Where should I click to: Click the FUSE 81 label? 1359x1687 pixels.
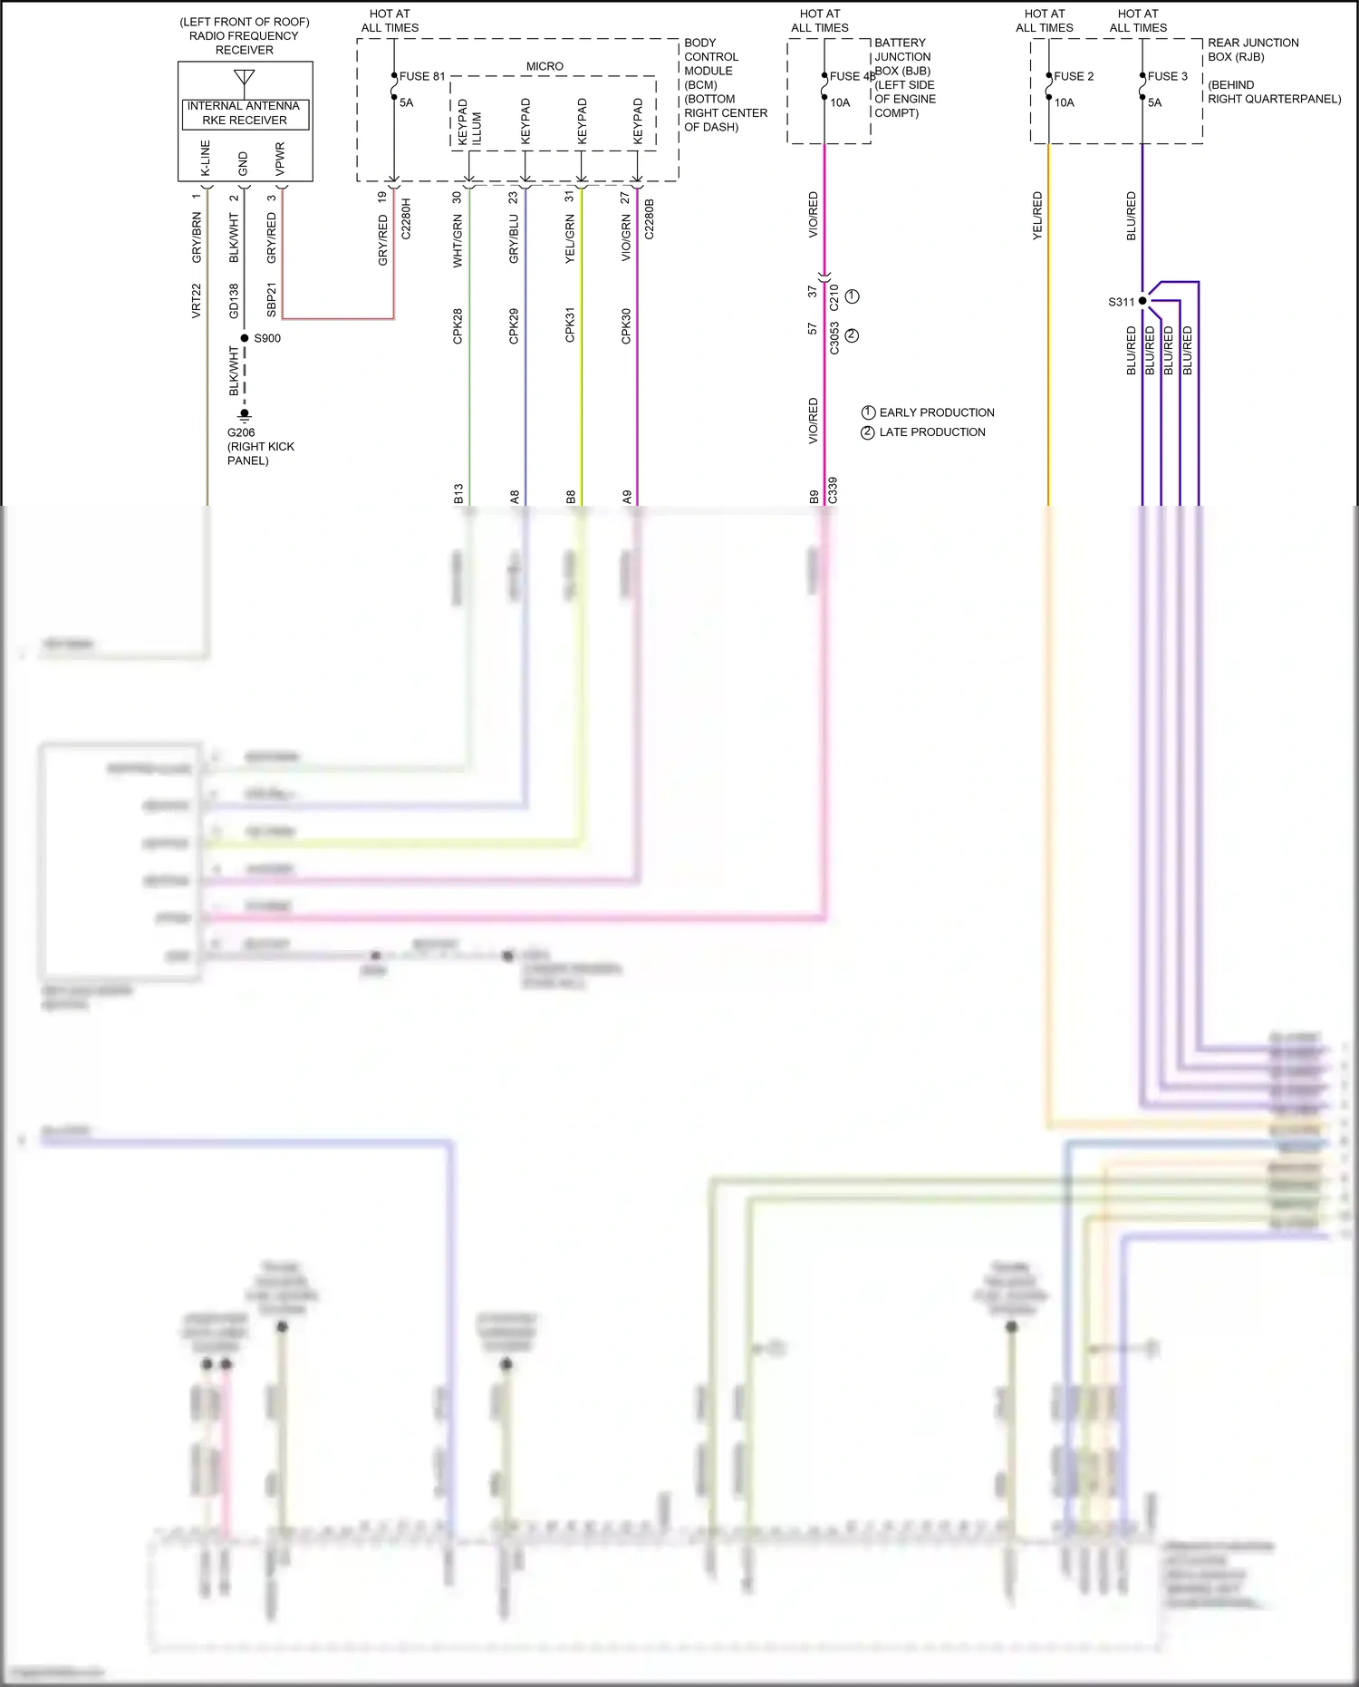[x=421, y=77]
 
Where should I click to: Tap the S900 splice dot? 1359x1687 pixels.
[x=245, y=338]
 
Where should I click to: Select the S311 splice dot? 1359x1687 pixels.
[x=1142, y=301]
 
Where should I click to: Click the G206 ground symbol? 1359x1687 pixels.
[x=245, y=416]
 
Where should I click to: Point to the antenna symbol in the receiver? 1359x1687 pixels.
[x=245, y=78]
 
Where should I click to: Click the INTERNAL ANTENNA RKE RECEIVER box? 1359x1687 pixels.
[x=245, y=113]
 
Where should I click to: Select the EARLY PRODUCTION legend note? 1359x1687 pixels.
[x=936, y=412]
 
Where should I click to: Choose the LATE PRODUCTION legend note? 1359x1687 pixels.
[x=931, y=432]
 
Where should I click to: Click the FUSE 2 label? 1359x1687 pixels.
[x=1074, y=77]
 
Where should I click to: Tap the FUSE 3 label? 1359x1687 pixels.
[x=1167, y=77]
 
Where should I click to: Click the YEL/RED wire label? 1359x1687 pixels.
[x=1038, y=216]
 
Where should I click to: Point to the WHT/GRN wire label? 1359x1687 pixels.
[x=458, y=241]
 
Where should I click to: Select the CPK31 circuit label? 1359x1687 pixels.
[x=570, y=325]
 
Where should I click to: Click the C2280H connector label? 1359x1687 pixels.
[x=406, y=218]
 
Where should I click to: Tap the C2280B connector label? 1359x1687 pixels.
[x=649, y=218]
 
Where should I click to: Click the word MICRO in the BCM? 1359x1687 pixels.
[x=545, y=67]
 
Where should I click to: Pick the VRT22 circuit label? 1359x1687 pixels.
[x=197, y=301]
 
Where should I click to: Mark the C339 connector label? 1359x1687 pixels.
[x=833, y=490]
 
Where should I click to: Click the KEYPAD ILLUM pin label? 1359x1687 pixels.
[x=469, y=123]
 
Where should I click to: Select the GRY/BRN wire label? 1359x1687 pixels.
[x=197, y=238]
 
